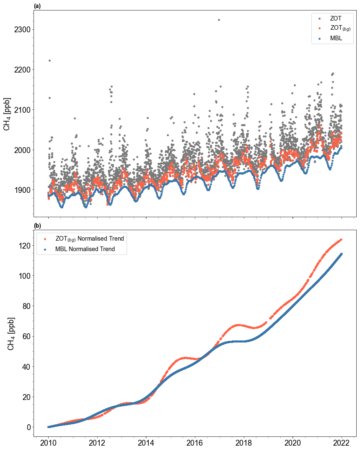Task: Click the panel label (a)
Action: pyautogui.click(x=37, y=6)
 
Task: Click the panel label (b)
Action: pyautogui.click(x=37, y=226)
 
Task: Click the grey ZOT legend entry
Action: pyautogui.click(x=336, y=18)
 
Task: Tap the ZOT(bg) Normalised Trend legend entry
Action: pyautogui.click(x=89, y=239)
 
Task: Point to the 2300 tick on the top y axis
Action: pyautogui.click(x=21, y=30)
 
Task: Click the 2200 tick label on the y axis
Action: pyautogui.click(x=21, y=70)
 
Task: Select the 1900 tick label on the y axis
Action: pyautogui.click(x=21, y=190)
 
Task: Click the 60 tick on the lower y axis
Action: pyautogui.click(x=25, y=336)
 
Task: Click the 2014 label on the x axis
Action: pyautogui.click(x=146, y=443)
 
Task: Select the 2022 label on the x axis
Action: pyautogui.click(x=342, y=443)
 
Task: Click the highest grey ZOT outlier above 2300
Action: pyautogui.click(x=219, y=20)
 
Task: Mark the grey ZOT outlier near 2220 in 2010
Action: pyautogui.click(x=49, y=60)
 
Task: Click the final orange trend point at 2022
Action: pyautogui.click(x=341, y=240)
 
